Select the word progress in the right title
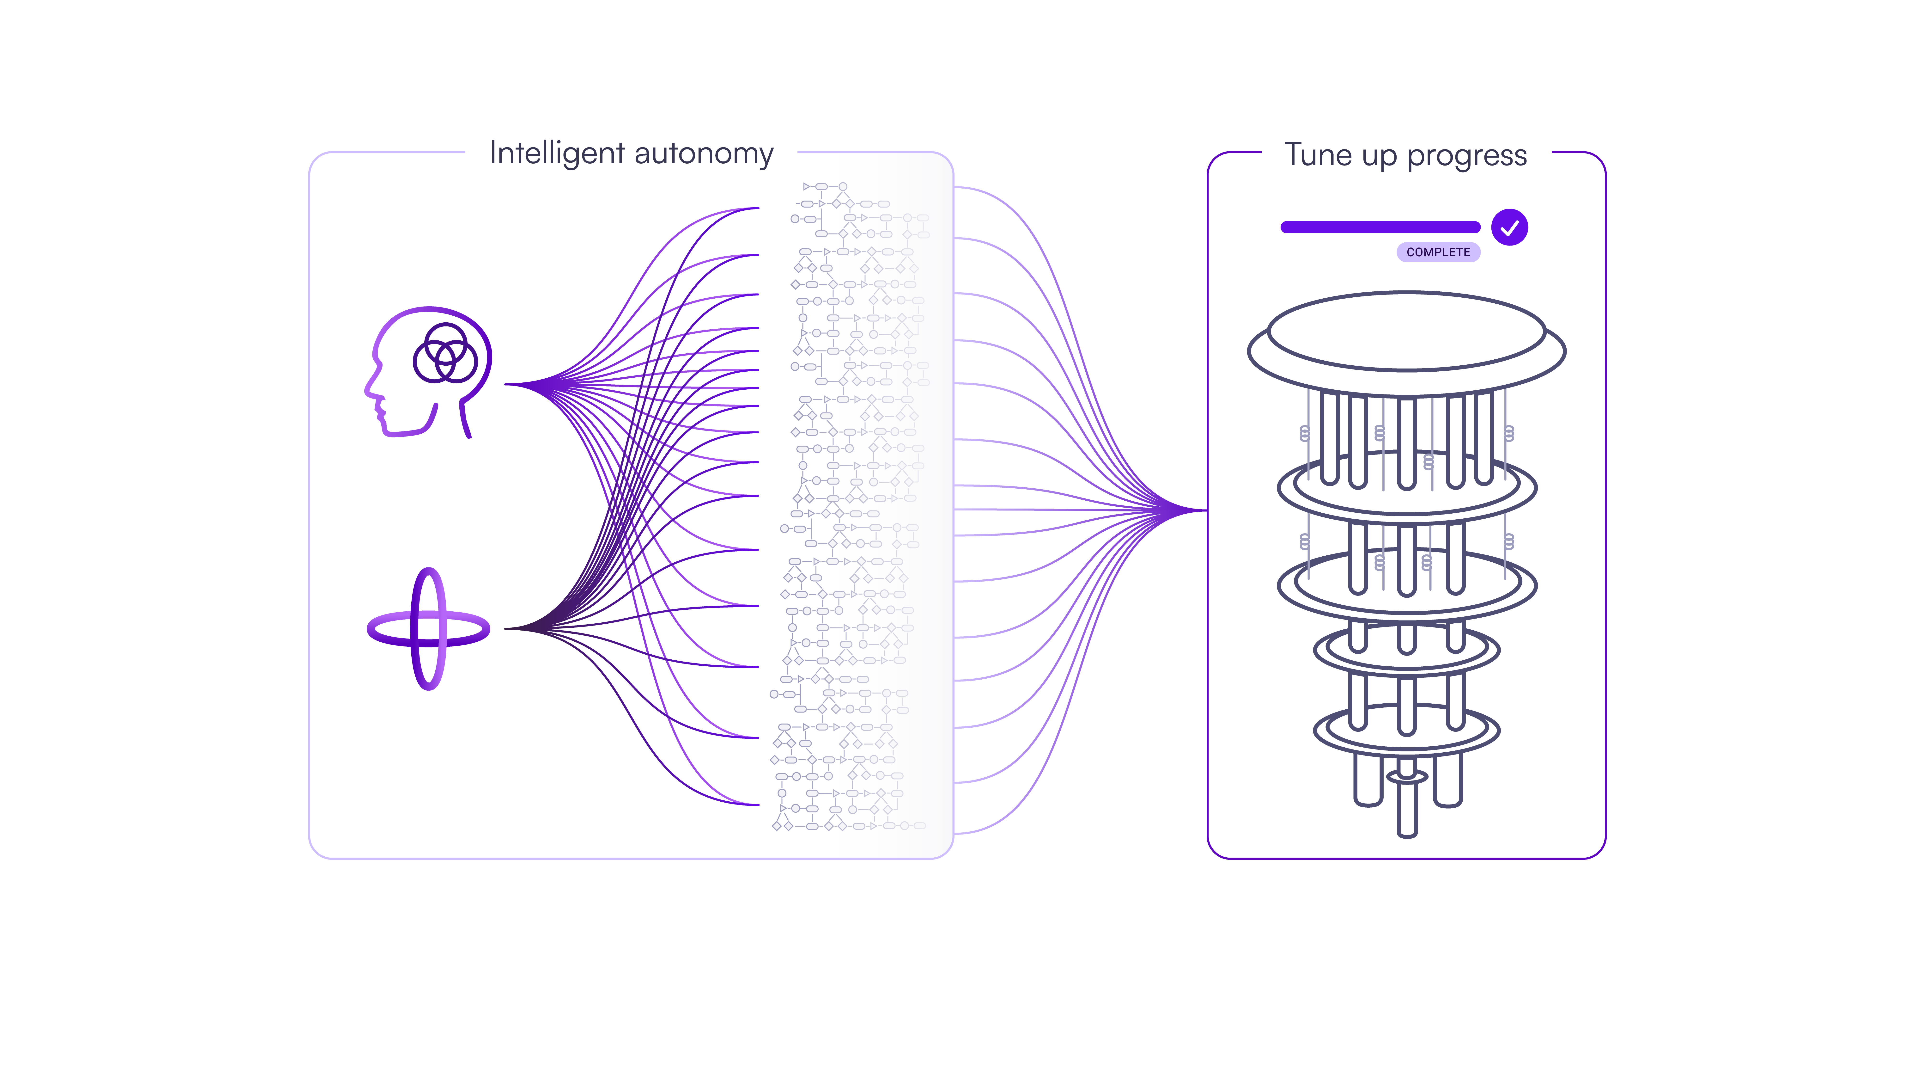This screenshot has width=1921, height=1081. point(1467,155)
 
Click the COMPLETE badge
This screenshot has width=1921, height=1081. point(1438,252)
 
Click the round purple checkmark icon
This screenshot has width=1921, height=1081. point(1509,227)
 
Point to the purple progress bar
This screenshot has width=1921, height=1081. point(1380,227)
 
